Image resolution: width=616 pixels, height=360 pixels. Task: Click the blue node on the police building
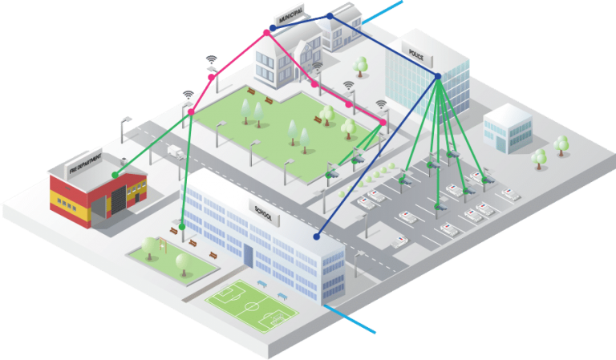click(438, 76)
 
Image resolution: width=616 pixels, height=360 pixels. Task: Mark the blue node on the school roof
click(317, 237)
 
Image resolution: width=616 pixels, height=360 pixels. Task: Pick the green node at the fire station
click(115, 174)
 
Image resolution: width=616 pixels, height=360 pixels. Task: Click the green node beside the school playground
click(182, 227)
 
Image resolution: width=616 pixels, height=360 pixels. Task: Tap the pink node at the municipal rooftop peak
click(266, 32)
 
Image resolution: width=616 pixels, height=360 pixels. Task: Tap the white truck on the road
click(174, 150)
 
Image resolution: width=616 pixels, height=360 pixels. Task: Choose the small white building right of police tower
click(505, 128)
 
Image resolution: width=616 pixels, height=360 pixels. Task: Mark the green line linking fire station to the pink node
click(152, 143)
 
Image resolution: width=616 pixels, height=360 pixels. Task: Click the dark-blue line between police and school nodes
click(377, 156)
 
